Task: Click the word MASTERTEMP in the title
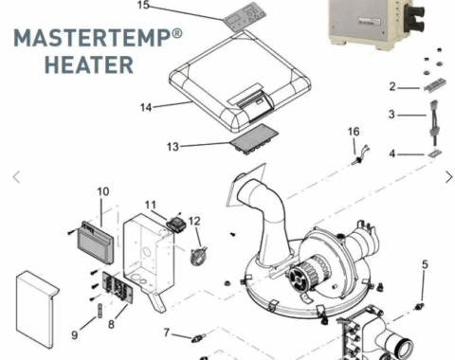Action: point(93,38)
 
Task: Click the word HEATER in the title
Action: point(89,65)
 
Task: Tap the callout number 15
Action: point(143,5)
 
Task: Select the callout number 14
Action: point(146,107)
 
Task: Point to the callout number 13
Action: point(173,147)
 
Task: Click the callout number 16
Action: point(354,132)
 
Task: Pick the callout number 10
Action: point(103,191)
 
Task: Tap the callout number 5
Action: point(425,264)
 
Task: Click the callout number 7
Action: point(167,333)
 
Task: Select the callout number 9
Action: point(75,335)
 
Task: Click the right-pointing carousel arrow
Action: point(448,177)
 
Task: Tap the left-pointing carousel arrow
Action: point(17,177)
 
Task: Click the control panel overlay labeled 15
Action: point(245,17)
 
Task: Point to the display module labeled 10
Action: point(96,243)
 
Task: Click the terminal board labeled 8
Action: point(118,287)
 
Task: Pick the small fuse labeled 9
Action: point(100,311)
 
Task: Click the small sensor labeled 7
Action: point(198,338)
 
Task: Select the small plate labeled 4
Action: point(435,153)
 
